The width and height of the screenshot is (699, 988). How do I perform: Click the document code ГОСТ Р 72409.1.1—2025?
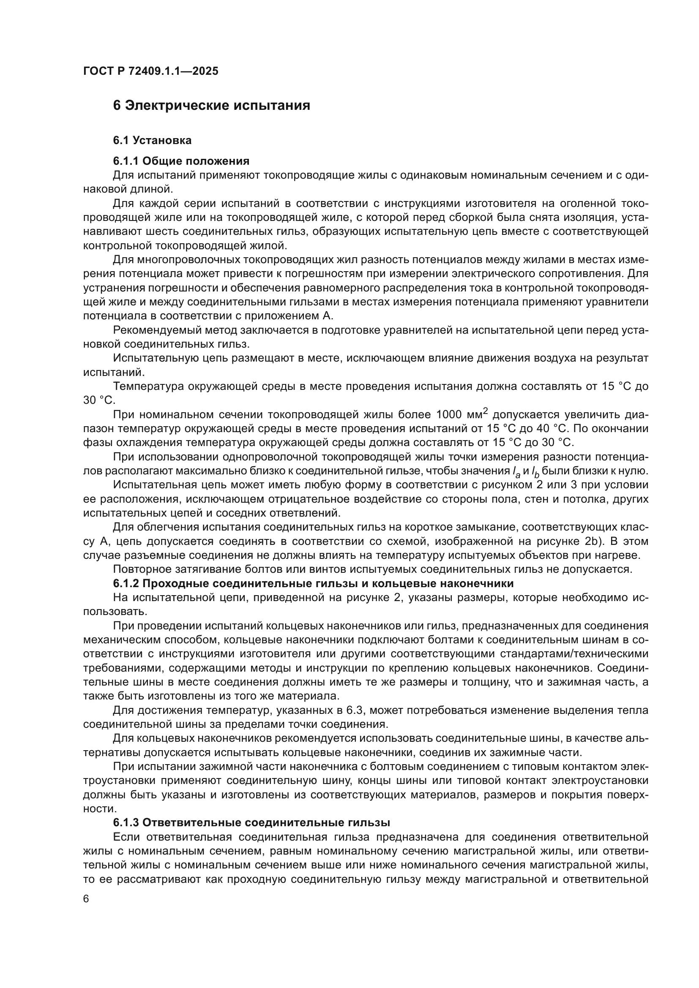click(x=150, y=71)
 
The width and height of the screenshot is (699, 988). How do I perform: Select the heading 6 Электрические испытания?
click(x=211, y=106)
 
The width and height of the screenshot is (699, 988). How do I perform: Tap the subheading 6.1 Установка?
click(x=153, y=140)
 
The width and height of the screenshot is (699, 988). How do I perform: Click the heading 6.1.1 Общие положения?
click(x=181, y=161)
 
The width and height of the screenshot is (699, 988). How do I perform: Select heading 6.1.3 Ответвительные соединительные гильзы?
click(x=251, y=822)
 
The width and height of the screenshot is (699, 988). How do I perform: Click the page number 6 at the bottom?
click(x=86, y=899)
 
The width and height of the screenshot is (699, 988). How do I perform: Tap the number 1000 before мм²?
click(x=449, y=415)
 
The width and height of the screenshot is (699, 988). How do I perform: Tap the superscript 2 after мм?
click(x=485, y=411)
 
